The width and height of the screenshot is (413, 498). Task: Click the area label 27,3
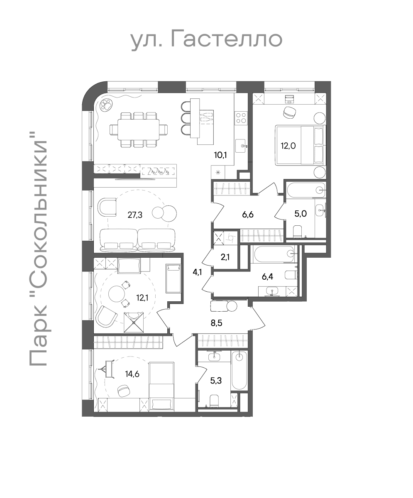[x=135, y=215]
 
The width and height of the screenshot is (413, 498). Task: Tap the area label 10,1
[x=220, y=155]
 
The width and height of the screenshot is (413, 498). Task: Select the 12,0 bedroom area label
[x=288, y=145]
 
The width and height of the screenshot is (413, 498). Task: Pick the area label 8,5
[x=217, y=323]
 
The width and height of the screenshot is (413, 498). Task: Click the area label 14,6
[x=132, y=374]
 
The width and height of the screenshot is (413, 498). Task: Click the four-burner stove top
[x=241, y=118]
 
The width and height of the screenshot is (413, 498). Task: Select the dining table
[x=138, y=130]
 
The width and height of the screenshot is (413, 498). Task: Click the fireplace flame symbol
[x=158, y=171]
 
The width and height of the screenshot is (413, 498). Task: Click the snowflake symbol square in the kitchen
[x=218, y=173]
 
